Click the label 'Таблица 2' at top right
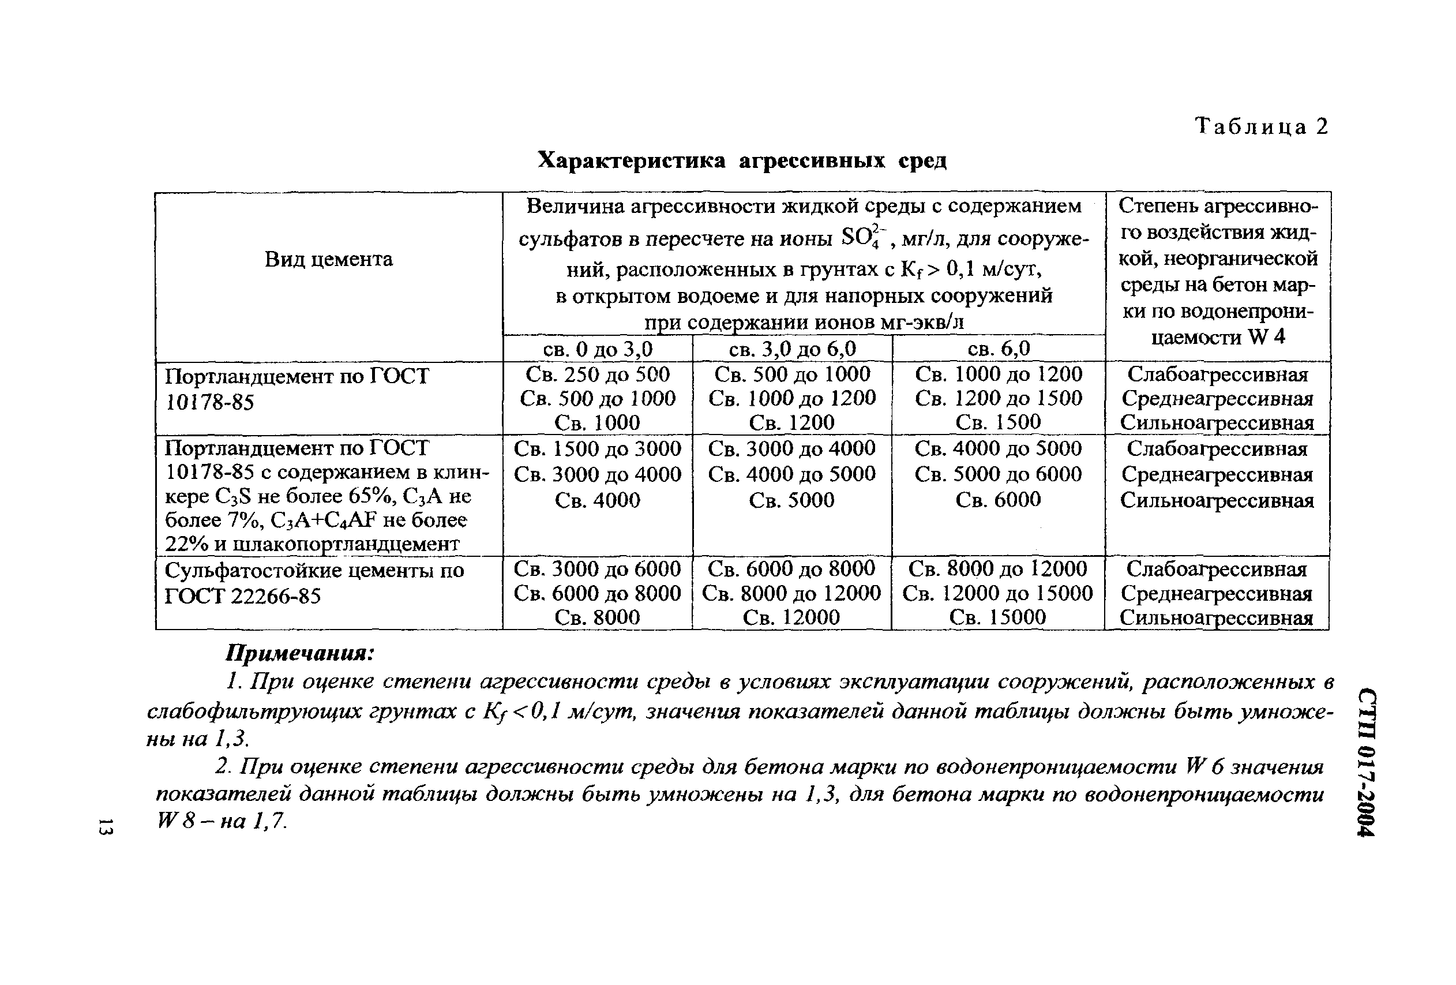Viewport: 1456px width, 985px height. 1261,127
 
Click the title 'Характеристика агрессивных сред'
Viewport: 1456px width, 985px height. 742,161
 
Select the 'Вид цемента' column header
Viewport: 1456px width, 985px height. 328,259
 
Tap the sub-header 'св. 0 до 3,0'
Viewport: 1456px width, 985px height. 598,349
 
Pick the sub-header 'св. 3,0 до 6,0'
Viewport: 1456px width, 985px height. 792,349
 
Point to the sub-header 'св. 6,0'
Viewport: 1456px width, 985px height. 999,349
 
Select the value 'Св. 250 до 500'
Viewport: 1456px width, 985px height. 598,374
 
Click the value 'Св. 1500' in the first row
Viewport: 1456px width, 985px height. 999,422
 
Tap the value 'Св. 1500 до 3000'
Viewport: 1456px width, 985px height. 598,448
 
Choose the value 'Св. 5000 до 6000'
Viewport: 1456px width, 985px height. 999,474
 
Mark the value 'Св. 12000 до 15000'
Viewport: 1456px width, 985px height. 997,593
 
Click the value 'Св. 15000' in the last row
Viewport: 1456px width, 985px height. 997,617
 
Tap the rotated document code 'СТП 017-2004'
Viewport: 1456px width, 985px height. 1366,762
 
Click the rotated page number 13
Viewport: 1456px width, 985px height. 105,826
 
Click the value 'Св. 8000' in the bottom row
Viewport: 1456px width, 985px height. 598,617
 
